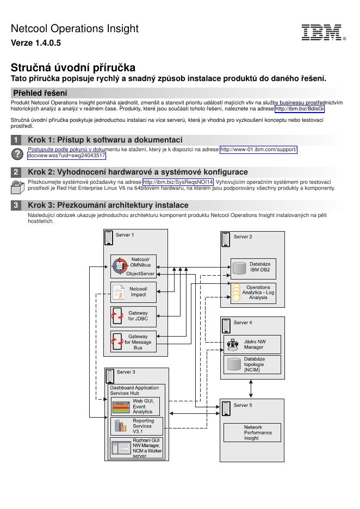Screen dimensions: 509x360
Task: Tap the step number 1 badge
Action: point(17,140)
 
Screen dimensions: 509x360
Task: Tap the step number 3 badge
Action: point(17,205)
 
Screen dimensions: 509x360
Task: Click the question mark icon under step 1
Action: point(17,154)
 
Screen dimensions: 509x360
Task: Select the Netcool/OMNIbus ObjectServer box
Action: point(133,266)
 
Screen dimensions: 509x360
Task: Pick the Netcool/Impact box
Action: point(133,291)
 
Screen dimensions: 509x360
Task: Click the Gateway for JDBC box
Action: point(133,316)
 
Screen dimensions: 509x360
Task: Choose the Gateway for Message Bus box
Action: point(133,342)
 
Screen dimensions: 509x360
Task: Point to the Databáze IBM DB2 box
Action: point(253,266)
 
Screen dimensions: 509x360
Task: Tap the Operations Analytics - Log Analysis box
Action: point(253,293)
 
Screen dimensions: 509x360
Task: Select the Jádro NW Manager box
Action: point(253,344)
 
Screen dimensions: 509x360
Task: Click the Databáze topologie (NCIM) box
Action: point(253,364)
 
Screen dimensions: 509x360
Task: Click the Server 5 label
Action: point(243,405)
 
